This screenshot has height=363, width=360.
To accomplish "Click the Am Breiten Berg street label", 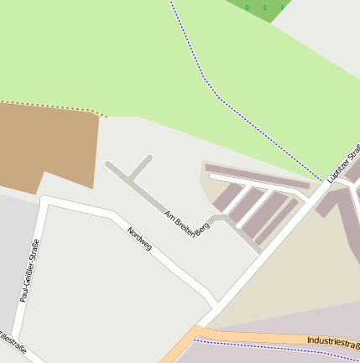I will coord(186,223).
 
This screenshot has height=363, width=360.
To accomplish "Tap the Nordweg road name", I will coord(139,238).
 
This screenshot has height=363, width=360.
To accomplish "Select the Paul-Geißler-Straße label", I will coord(30,270).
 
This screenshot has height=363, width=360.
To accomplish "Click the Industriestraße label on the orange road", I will coord(333,341).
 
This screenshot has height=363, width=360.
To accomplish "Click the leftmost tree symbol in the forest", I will coord(247,8).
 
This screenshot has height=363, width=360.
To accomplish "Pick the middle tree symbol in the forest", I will coord(264,8).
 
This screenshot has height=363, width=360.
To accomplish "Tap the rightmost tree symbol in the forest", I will coord(281,7).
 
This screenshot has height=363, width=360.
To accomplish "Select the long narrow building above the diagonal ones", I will coord(258,176).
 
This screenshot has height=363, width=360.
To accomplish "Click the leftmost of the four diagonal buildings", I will coord(227,199).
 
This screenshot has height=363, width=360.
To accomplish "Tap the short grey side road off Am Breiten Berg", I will coord(141,167).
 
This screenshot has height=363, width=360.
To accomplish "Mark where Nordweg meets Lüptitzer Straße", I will coord(217,303).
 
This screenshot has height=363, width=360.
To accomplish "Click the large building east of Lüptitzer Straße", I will coord(344,210).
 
